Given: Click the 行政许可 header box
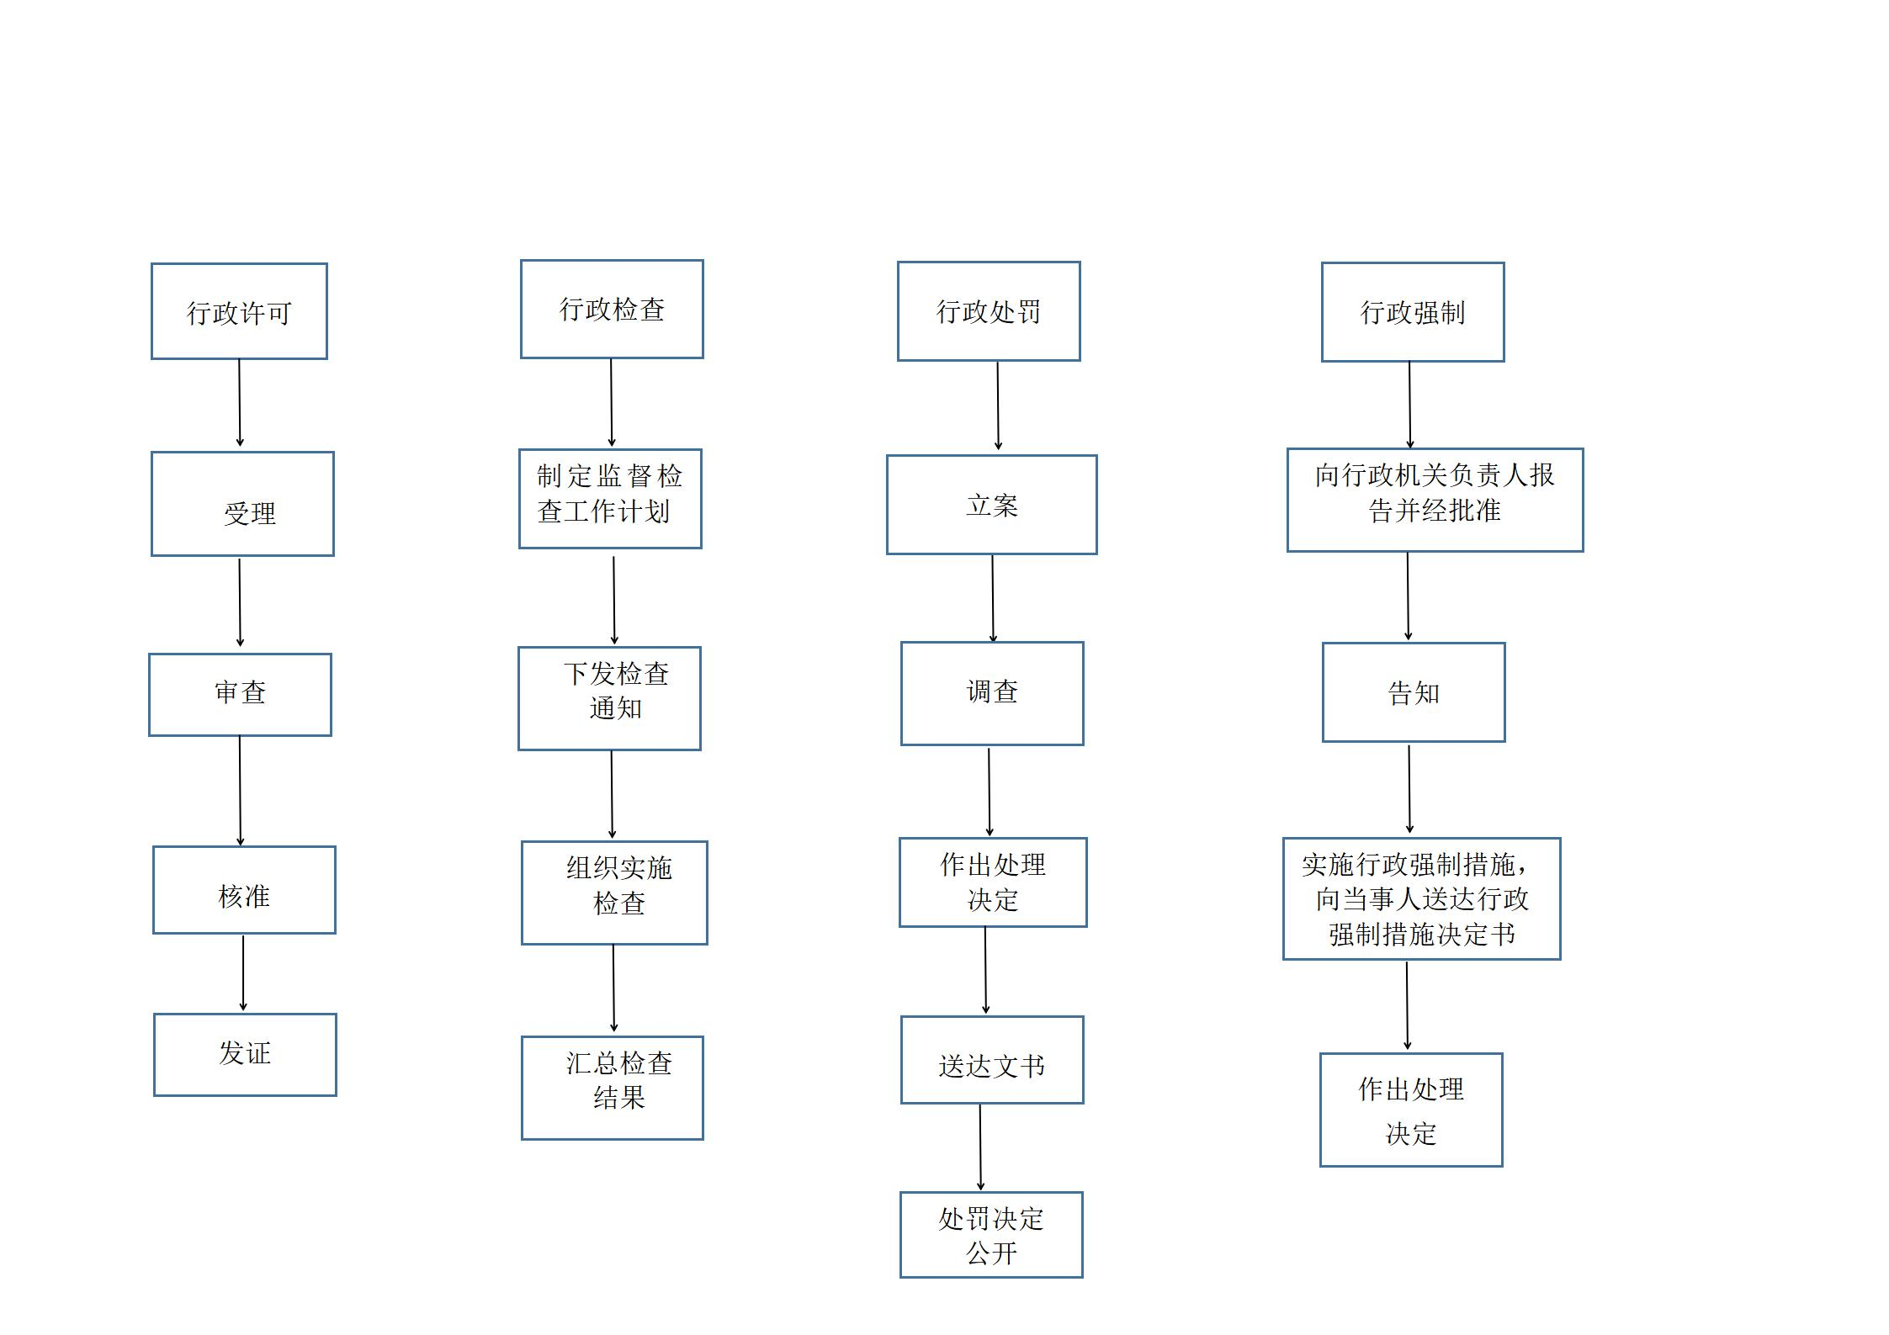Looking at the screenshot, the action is [x=239, y=311].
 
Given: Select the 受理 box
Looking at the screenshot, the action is [x=242, y=504].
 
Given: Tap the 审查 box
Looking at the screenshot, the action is [x=240, y=695].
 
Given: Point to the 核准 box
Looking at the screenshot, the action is [x=244, y=890].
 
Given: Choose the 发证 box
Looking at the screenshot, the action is [x=245, y=1055].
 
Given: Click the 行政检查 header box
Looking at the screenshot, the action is [x=612, y=309].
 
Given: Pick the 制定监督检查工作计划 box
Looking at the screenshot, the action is [x=610, y=499].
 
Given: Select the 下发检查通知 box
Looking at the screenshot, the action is [x=609, y=698].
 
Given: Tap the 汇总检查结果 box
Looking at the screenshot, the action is [x=612, y=1088].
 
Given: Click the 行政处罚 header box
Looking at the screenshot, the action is [x=989, y=311].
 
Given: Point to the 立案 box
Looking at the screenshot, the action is [x=992, y=505].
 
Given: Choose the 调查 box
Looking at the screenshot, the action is [x=992, y=694].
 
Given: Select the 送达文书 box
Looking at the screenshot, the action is [x=992, y=1060].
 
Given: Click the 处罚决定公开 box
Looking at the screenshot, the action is [x=991, y=1235].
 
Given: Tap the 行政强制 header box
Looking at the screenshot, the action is [x=1413, y=312].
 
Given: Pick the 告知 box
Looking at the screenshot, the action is [x=1414, y=692].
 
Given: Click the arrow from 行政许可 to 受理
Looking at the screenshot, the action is [x=240, y=403].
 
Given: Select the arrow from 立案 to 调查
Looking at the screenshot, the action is [x=993, y=599].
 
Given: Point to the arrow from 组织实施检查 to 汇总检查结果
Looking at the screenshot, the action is [x=613, y=988].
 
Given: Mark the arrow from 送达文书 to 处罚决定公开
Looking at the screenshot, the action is [x=980, y=1147].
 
